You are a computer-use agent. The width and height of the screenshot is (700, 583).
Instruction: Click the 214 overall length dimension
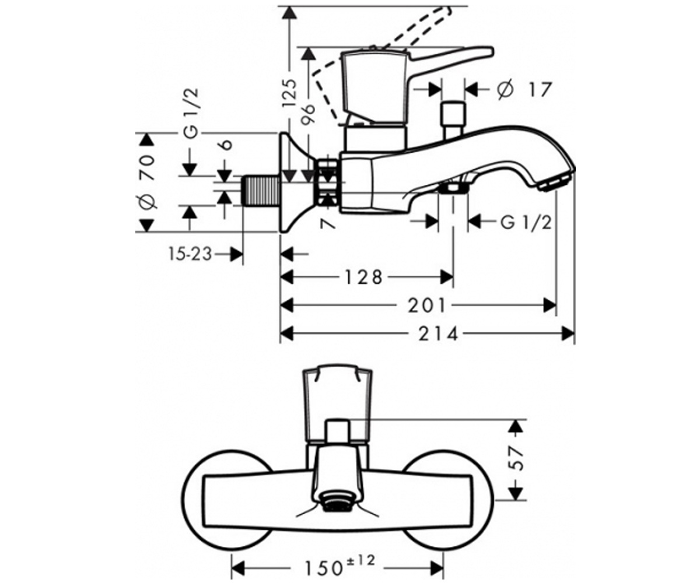[438, 334]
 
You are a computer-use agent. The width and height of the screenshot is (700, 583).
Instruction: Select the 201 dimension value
[427, 305]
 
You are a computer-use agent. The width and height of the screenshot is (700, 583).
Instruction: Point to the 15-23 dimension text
[190, 254]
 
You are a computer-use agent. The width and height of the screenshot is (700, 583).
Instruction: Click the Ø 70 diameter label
[148, 182]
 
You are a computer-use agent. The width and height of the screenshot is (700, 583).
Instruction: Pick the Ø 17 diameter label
[524, 89]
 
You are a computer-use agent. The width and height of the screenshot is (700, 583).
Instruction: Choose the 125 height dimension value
[290, 93]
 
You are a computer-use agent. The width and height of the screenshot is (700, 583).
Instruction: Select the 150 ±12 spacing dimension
[339, 566]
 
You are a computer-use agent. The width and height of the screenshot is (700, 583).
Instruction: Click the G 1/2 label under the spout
[526, 222]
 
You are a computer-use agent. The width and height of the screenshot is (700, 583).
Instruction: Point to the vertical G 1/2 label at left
[191, 113]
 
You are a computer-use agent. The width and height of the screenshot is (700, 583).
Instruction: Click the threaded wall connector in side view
[261, 190]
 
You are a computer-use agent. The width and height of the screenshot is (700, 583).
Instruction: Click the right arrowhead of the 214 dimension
[569, 334]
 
